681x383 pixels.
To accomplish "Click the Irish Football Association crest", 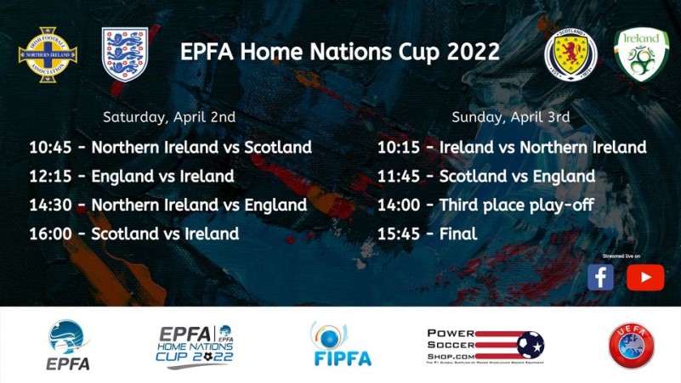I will point(48,54).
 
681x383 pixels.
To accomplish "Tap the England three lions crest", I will point(125,54).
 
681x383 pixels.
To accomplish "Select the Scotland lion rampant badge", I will point(570,55).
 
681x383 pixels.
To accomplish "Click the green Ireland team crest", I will point(641,54).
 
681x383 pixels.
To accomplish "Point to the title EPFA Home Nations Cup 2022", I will point(339,52).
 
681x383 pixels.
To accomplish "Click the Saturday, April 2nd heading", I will point(169,117).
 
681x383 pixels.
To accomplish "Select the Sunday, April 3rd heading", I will point(510,117).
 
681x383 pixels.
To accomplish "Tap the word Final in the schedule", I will point(458,234).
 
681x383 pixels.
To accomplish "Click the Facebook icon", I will point(600,277).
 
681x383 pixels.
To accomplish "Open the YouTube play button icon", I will point(645,277).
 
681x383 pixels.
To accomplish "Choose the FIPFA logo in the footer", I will point(341,345).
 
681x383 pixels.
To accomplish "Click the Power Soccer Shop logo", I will point(485,345).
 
